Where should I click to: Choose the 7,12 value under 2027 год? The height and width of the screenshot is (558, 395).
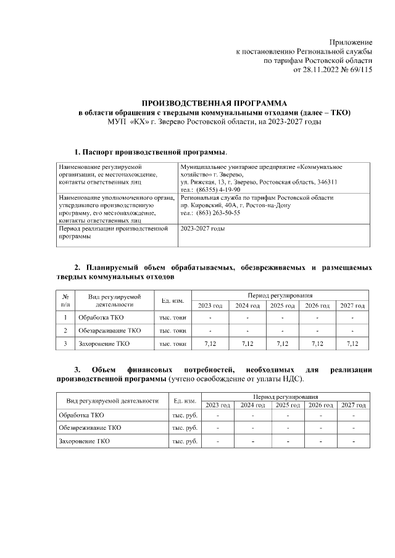pyautogui.click(x=352, y=343)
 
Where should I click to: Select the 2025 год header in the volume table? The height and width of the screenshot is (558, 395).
pyautogui.click(x=281, y=306)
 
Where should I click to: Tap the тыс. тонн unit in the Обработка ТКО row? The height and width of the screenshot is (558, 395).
pyautogui.click(x=172, y=318)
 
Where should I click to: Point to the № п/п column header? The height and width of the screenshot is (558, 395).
pyautogui.click(x=65, y=300)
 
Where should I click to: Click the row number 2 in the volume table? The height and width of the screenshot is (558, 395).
pyautogui.click(x=65, y=330)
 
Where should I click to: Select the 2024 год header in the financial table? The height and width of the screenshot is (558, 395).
pyautogui.click(x=252, y=405)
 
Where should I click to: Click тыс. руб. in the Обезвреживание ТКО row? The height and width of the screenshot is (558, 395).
pyautogui.click(x=185, y=427)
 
